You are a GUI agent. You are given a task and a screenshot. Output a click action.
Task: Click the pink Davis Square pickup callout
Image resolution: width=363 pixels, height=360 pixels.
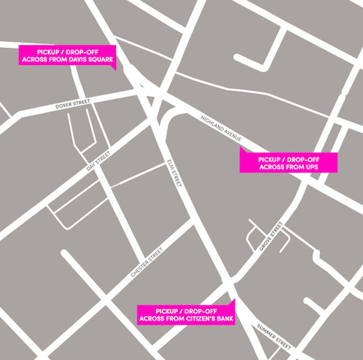tap(68, 57)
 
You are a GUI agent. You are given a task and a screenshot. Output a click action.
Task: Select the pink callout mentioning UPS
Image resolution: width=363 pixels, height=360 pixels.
tap(288, 163)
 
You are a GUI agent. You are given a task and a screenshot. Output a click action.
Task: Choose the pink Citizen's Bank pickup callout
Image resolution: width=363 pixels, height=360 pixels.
tap(185, 315)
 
